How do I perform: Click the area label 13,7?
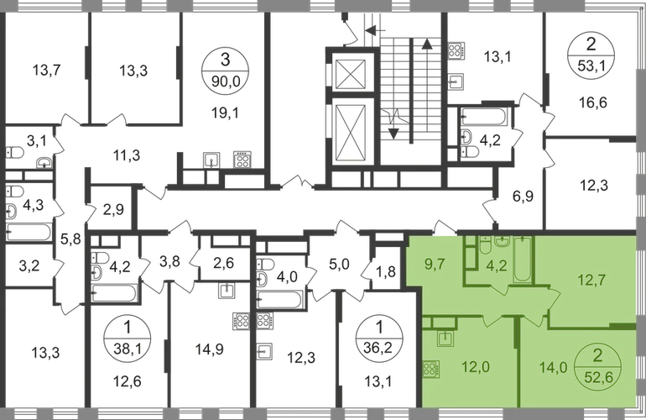click(x=46, y=70)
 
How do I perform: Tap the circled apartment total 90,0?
click(x=225, y=81)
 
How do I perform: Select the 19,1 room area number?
click(x=225, y=113)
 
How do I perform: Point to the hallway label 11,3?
click(x=128, y=155)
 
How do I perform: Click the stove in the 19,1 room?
click(x=242, y=160)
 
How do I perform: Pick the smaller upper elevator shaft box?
click(x=350, y=74)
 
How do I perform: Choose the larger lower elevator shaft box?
click(x=350, y=131)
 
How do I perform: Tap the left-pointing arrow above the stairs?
click(x=375, y=29)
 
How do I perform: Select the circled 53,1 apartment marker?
click(x=591, y=55)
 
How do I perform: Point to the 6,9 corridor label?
click(x=524, y=196)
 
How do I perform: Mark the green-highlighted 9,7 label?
click(x=435, y=264)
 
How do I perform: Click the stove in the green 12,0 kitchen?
click(x=431, y=370)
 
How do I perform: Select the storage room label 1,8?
click(x=386, y=272)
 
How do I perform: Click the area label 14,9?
click(x=210, y=349)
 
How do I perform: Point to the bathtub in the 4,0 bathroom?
click(x=279, y=300)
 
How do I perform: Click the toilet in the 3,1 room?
click(x=14, y=153)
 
